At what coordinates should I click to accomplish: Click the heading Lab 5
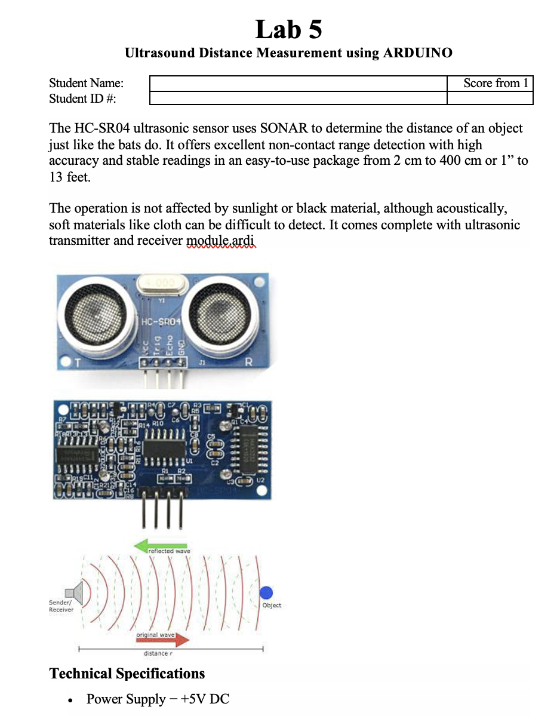click(288, 29)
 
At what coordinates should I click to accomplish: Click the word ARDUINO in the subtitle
click(417, 53)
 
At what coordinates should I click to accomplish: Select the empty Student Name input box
click(297, 84)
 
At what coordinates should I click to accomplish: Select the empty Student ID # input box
click(297, 99)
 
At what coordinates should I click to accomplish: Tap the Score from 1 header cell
click(490, 84)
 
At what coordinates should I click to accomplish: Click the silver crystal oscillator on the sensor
click(158, 283)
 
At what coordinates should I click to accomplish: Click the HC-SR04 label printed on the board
click(162, 322)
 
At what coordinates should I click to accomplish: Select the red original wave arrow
click(162, 640)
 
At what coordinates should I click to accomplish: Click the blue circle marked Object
click(266, 592)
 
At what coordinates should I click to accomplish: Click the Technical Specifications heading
click(127, 674)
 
